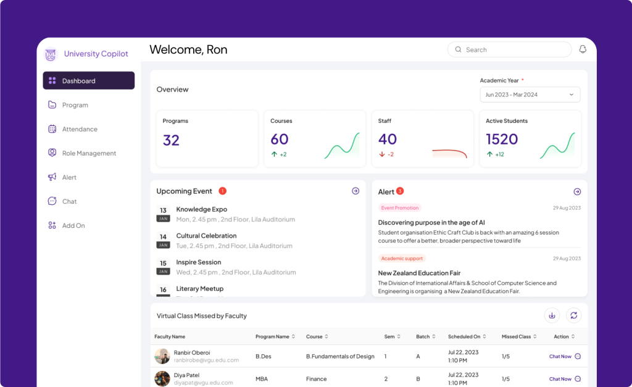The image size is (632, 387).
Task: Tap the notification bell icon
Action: [x=583, y=49]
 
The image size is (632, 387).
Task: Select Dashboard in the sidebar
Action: [x=89, y=81]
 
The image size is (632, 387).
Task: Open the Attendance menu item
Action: [x=80, y=129]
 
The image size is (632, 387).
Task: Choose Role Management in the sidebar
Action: [x=89, y=153]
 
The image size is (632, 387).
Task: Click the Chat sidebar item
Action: [x=69, y=201]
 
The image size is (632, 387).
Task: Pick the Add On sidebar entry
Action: [x=73, y=225]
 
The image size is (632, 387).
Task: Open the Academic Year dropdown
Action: [x=530, y=94]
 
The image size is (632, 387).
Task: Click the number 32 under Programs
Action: [x=171, y=140]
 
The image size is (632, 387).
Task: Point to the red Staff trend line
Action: [x=449, y=152]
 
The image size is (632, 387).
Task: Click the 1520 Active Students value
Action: [x=502, y=139]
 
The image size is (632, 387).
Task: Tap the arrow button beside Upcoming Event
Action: [x=355, y=191]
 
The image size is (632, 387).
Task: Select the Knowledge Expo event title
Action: [x=202, y=209]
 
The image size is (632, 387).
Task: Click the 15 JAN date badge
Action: [x=163, y=267]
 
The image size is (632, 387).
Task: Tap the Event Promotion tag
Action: [x=400, y=208]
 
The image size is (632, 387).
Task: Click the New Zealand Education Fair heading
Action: [x=419, y=273]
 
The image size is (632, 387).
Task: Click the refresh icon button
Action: [x=573, y=315]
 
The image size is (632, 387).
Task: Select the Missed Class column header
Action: [x=517, y=336]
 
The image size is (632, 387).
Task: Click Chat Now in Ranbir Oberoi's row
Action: [x=560, y=356]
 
